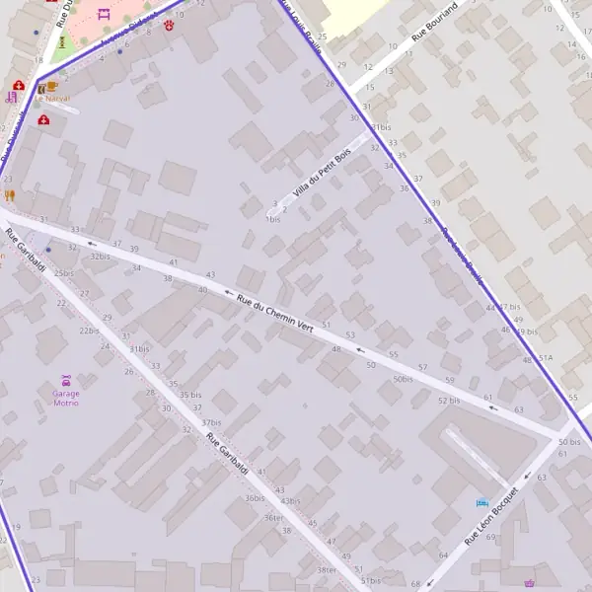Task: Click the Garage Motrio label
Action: click(66, 398)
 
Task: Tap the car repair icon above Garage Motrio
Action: click(66, 380)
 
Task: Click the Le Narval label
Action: click(52, 99)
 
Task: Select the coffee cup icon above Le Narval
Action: click(41, 88)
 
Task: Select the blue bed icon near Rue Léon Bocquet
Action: click(481, 503)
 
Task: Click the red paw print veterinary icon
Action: click(170, 24)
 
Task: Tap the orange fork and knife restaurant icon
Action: click(10, 195)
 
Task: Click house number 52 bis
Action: click(449, 401)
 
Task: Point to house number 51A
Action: click(546, 357)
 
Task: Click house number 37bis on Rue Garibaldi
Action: click(211, 422)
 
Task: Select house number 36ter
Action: click(273, 517)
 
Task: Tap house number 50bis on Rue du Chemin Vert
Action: click(403, 379)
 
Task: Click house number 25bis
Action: click(64, 273)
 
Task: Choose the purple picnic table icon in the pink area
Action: click(104, 14)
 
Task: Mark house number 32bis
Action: click(100, 256)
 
